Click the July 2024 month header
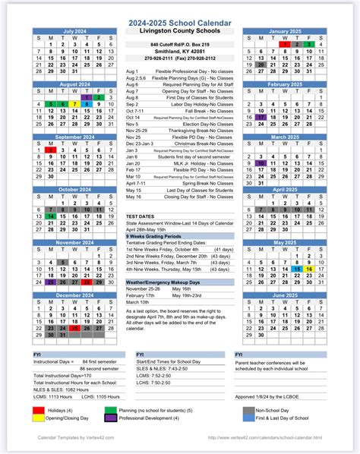coord(74,32)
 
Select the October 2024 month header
coord(74,190)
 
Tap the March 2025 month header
coord(285,137)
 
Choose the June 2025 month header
coord(285,295)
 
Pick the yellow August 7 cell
coord(74,104)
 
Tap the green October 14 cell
coord(51,216)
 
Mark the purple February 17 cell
coord(261,118)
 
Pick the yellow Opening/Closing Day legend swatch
coord(38,418)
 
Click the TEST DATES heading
coord(141,216)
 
